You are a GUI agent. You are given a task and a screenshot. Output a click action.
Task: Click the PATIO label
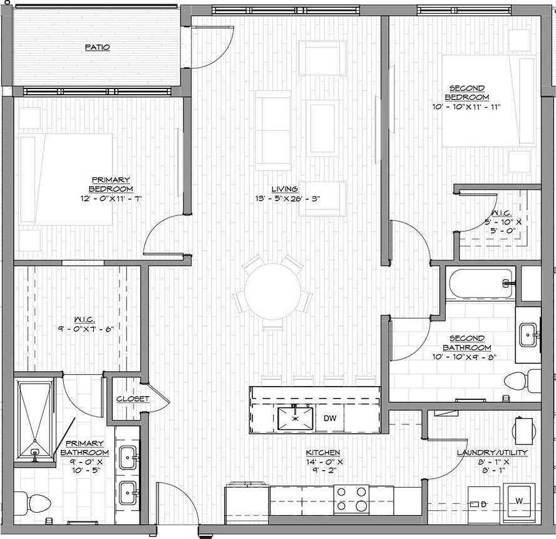98,47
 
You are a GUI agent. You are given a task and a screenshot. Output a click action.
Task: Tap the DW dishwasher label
329,418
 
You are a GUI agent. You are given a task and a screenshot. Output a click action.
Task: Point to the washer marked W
518,501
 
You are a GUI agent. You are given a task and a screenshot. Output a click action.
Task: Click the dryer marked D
481,504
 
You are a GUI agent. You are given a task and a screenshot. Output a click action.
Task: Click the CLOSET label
133,399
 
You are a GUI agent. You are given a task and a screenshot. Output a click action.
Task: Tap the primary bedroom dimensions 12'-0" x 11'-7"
111,198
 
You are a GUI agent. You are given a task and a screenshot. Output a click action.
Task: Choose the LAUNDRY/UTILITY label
492,452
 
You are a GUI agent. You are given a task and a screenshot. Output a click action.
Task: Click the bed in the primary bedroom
66,179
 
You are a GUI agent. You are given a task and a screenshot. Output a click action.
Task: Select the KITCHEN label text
322,452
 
